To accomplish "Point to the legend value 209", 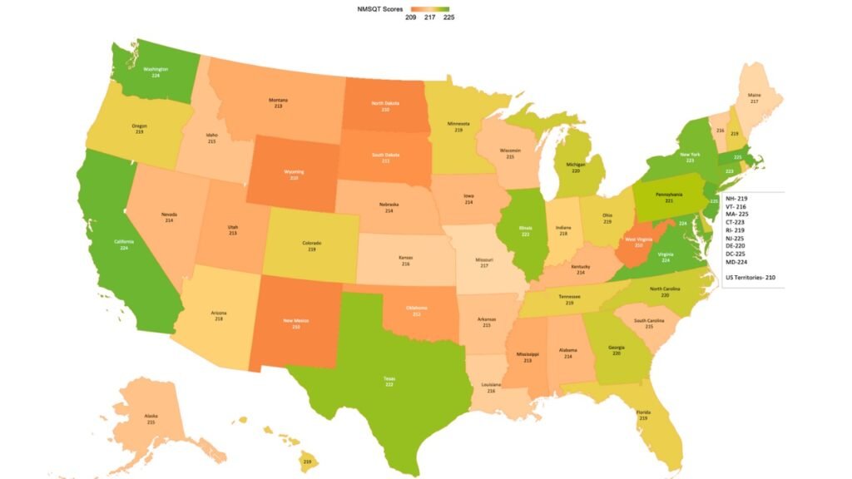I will click(x=411, y=17).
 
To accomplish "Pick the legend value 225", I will click(x=448, y=17).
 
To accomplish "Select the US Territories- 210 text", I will click(x=750, y=277).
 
